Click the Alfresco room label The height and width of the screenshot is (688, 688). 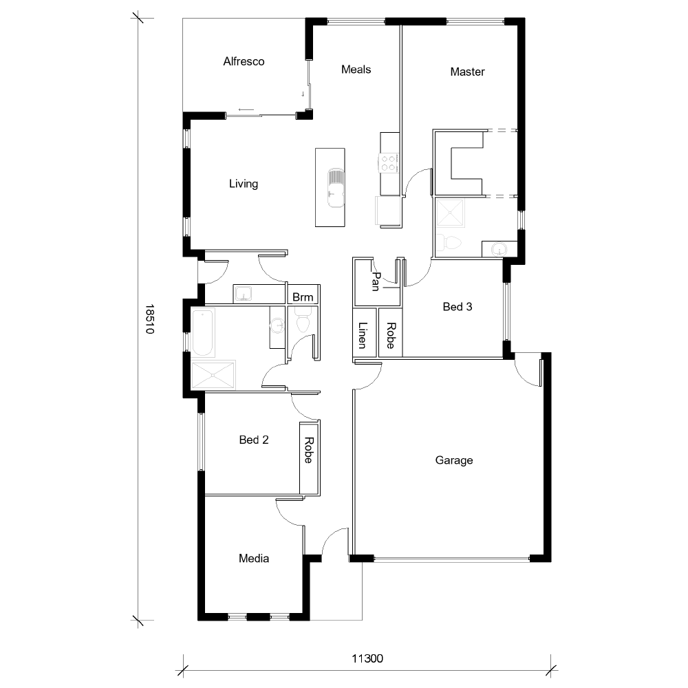pyautogui.click(x=244, y=61)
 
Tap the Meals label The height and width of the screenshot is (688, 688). pyautogui.click(x=356, y=69)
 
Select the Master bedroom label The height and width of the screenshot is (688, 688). pyautogui.click(x=467, y=72)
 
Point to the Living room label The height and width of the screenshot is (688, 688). pyautogui.click(x=244, y=184)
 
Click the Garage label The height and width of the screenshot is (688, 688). pyautogui.click(x=454, y=460)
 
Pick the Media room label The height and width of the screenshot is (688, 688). pyautogui.click(x=254, y=558)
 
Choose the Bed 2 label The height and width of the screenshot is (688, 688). pyautogui.click(x=254, y=440)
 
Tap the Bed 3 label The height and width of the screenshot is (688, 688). pyautogui.click(x=457, y=307)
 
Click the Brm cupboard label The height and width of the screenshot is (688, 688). pyautogui.click(x=303, y=297)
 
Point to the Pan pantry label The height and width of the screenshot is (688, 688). pyautogui.click(x=376, y=281)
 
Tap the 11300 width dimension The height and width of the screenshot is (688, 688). pyautogui.click(x=367, y=658)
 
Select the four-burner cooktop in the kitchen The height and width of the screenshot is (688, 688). pyautogui.click(x=388, y=162)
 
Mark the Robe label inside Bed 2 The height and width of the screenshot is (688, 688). pyautogui.click(x=308, y=451)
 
